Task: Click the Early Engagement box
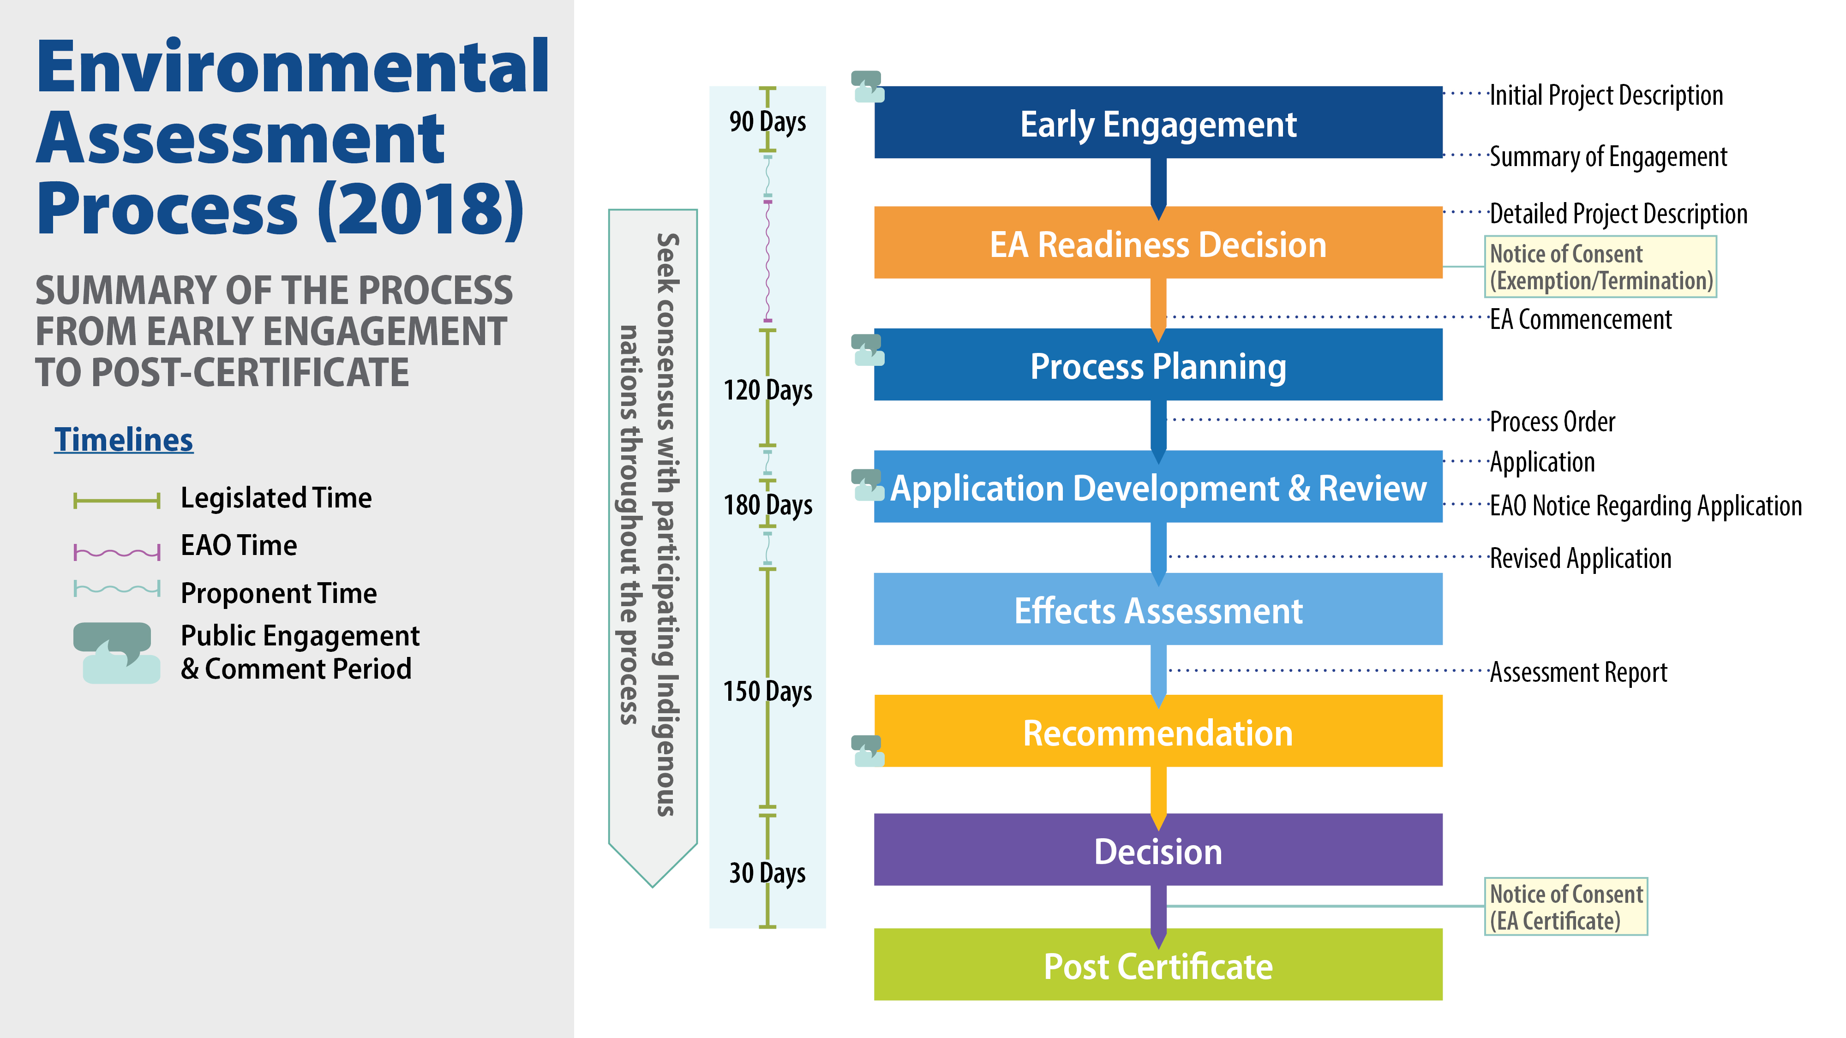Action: [x=1157, y=123]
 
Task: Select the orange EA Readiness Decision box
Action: [x=1157, y=244]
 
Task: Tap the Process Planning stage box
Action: [x=1157, y=365]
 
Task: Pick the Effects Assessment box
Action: [x=1157, y=609]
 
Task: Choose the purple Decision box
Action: [x=1157, y=850]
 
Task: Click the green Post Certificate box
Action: [x=1157, y=965]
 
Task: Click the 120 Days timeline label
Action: [x=767, y=390]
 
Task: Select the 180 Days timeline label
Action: [x=767, y=505]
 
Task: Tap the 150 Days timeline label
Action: [x=767, y=691]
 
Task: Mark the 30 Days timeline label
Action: [x=767, y=872]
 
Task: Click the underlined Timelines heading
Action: [x=123, y=440]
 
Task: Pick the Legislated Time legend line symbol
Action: [x=117, y=500]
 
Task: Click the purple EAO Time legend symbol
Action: [x=117, y=552]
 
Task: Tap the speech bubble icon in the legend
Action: [x=116, y=652]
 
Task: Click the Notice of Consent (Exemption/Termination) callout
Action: [x=1600, y=267]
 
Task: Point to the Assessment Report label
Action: [x=1578, y=672]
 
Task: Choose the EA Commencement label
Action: [x=1580, y=320]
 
